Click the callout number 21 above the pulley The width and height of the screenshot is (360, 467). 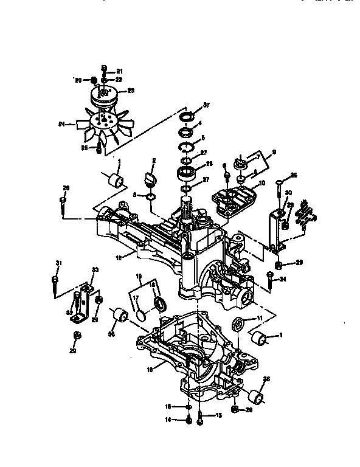click(x=119, y=72)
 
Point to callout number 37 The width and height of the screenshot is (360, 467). click(x=206, y=105)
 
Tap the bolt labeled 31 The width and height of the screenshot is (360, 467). click(x=54, y=285)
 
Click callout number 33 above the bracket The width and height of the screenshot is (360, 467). click(x=94, y=269)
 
